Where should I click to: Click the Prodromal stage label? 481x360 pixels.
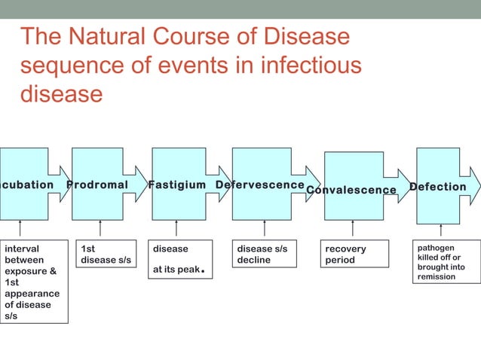pos(97,185)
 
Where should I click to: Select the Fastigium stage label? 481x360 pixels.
pos(176,185)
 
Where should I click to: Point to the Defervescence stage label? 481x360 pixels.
pos(260,185)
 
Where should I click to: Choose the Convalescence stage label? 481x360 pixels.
pos(351,190)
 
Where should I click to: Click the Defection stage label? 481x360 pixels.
pos(437,187)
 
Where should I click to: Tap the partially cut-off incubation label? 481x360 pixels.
pos(26,185)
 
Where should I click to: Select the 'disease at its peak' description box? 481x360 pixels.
pos(180,259)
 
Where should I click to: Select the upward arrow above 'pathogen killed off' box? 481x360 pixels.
pos(441,229)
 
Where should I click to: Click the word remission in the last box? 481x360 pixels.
pos(437,277)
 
